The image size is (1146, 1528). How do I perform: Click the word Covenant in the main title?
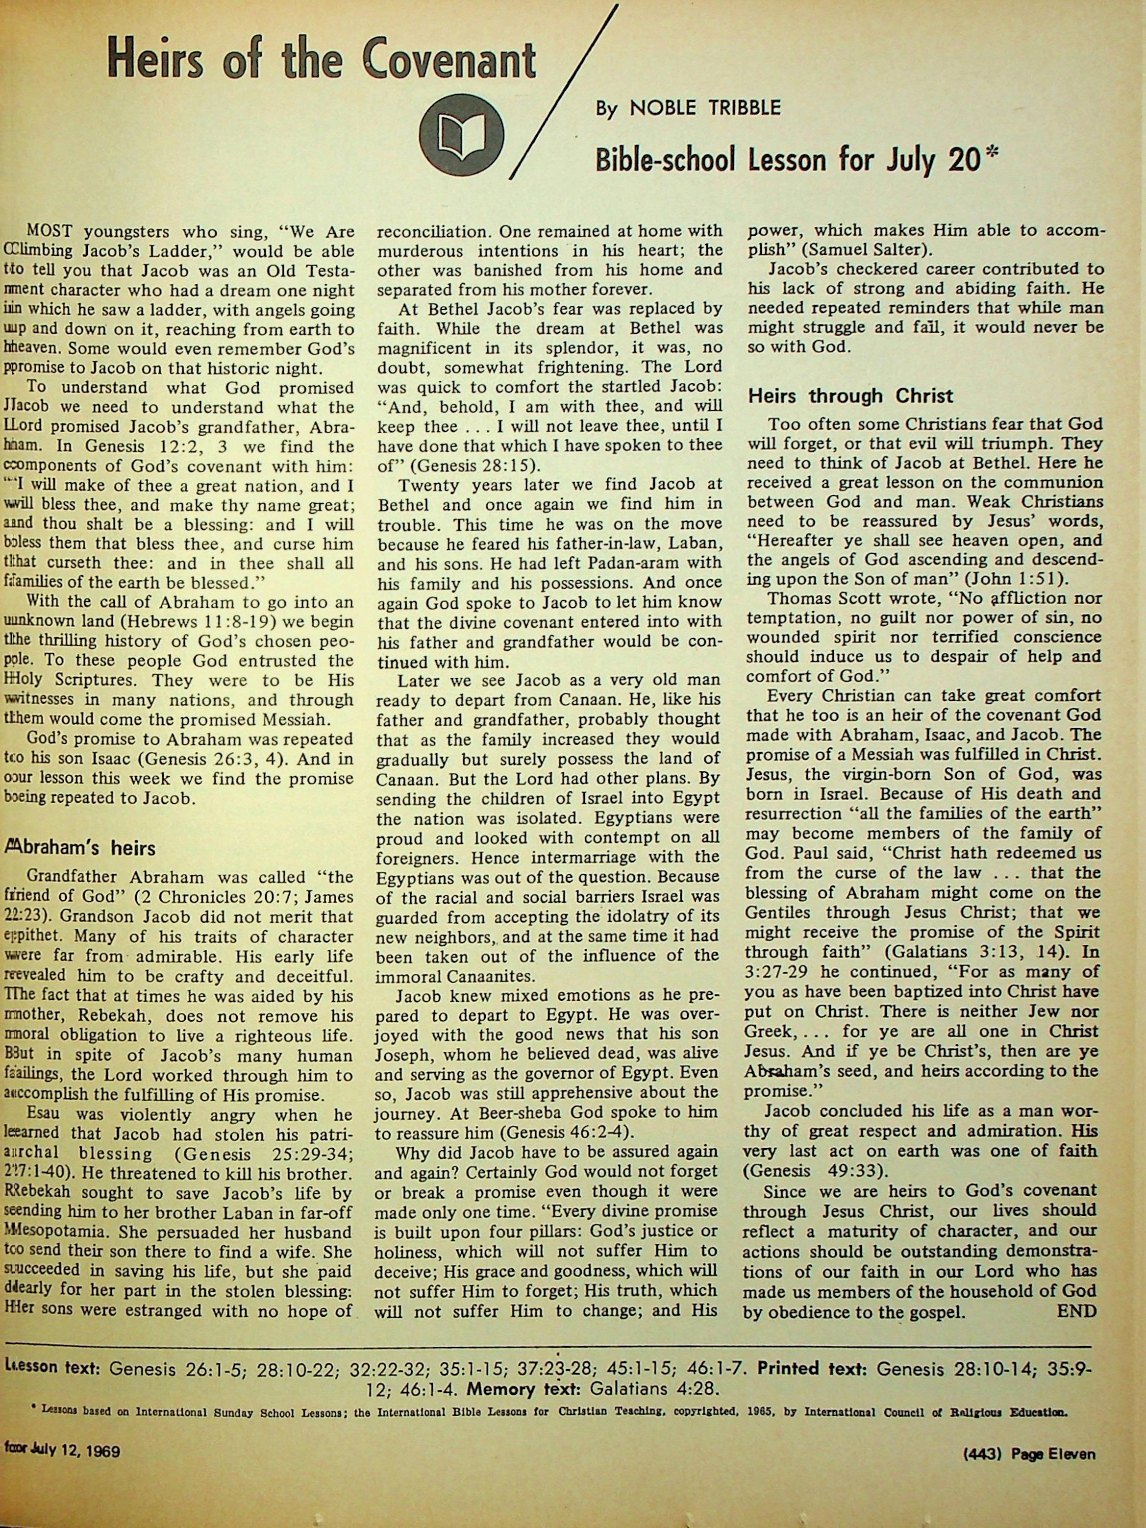tap(449, 63)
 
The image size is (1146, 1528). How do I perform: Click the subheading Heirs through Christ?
tap(849, 396)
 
